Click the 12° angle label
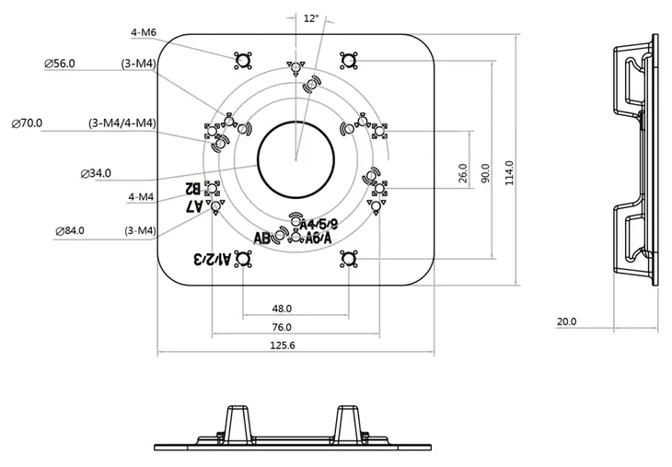[x=310, y=18]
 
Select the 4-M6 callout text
[x=144, y=32]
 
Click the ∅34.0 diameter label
[x=96, y=173]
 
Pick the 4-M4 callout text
[x=141, y=196]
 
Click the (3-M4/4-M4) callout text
[x=122, y=123]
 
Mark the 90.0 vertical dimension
[x=485, y=172]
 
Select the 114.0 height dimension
[x=509, y=172]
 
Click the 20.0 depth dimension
[x=566, y=321]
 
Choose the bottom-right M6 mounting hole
[x=348, y=260]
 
